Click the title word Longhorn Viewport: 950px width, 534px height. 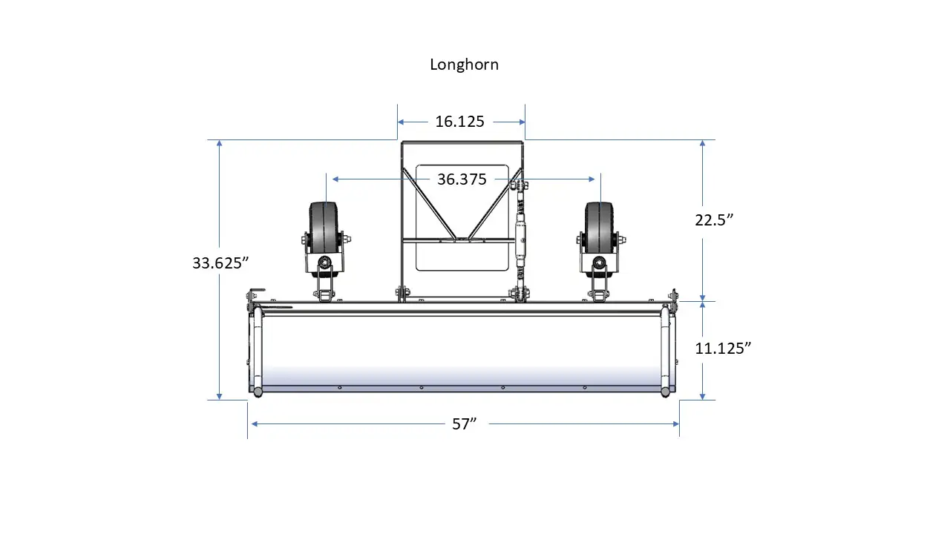(x=464, y=65)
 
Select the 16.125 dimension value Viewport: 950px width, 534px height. (x=459, y=122)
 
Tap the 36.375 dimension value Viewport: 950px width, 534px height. (x=462, y=179)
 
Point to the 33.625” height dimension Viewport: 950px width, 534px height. (x=220, y=263)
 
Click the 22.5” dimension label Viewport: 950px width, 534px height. (x=714, y=220)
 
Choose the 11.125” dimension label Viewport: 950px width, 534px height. (x=723, y=349)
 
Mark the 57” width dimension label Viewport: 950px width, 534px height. (x=465, y=423)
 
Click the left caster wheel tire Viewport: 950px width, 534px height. (x=324, y=229)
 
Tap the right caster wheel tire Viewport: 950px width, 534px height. (x=599, y=229)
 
